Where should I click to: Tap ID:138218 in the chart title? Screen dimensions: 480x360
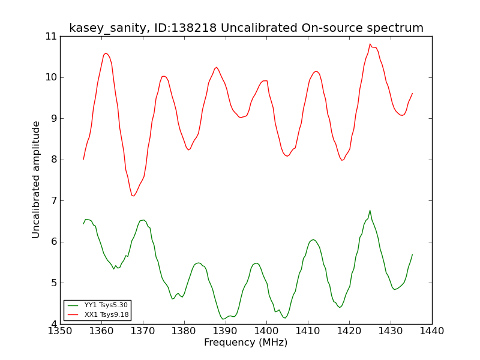pyautogui.click(x=185, y=28)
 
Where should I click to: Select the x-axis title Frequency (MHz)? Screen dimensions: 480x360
pyautogui.click(x=246, y=342)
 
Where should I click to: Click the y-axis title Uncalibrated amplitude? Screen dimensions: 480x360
pyautogui.click(x=36, y=179)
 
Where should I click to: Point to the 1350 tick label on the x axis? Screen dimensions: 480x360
pyautogui.click(x=60, y=331)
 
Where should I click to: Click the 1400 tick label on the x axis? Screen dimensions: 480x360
pyautogui.click(x=266, y=331)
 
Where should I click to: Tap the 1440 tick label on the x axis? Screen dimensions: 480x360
pyautogui.click(x=432, y=331)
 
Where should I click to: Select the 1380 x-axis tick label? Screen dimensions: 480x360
pyautogui.click(x=184, y=331)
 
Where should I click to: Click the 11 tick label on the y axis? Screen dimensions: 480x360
pyautogui.click(x=51, y=37)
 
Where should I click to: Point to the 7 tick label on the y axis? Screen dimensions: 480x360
pyautogui.click(x=54, y=201)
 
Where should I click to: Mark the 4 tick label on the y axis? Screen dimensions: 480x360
pyautogui.click(x=54, y=324)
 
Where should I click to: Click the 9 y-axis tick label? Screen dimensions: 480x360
pyautogui.click(x=54, y=118)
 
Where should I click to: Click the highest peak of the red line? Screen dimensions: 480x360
pyautogui.click(x=370, y=44)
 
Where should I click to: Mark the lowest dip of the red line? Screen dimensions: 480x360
pyautogui.click(x=133, y=196)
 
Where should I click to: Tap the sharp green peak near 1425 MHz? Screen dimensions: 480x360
pyautogui.click(x=370, y=211)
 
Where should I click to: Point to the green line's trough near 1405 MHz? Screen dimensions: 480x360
pyautogui.click(x=285, y=318)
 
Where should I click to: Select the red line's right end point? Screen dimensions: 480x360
pyautogui.click(x=412, y=93)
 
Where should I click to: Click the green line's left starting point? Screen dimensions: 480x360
pyautogui.click(x=83, y=224)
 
